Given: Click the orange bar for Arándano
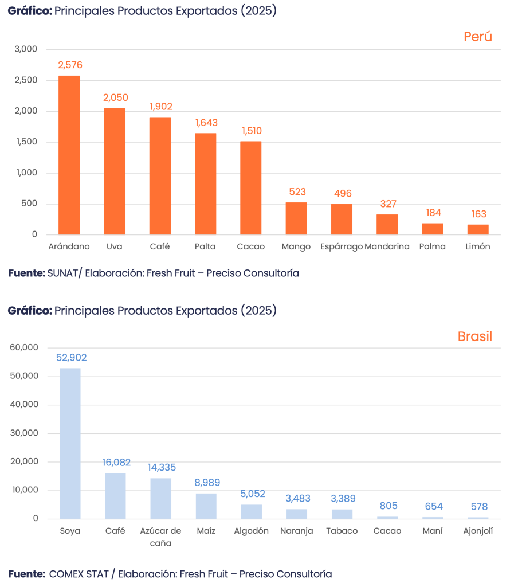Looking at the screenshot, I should (69, 155).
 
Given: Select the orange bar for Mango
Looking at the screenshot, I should (296, 218).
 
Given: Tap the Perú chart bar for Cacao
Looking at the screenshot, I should (251, 188).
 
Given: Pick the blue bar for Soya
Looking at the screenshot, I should (70, 443).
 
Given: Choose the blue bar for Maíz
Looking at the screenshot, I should (206, 506).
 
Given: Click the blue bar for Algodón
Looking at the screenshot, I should (251, 511).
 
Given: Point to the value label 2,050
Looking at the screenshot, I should (115, 98).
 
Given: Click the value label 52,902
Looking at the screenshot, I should (71, 358).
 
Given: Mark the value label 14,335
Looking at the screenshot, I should (161, 468).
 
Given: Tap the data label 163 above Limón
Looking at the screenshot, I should (478, 214).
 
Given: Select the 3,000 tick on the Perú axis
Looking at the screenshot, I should (26, 49).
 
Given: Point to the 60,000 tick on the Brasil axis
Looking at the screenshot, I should (24, 347).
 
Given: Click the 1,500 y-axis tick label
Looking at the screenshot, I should (26, 142).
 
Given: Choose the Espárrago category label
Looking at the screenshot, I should (342, 247).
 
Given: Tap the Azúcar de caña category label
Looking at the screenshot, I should (160, 537).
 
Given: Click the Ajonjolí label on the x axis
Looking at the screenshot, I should (478, 531).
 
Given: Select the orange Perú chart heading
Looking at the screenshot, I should (478, 37).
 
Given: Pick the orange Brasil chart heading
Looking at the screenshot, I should (474, 336).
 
